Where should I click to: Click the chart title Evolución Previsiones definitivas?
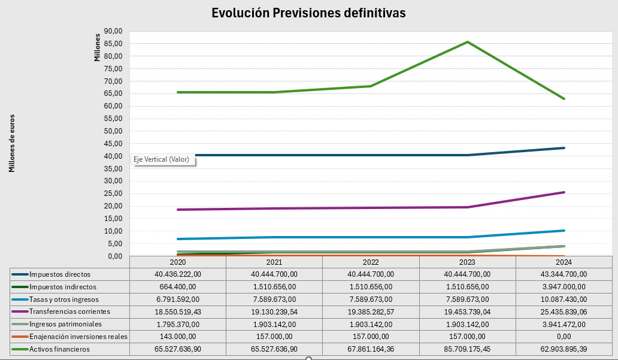(x=308, y=13)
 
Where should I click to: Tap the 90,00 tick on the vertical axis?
(x=113, y=31)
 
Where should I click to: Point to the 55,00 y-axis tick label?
(x=113, y=119)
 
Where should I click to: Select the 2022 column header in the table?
(x=371, y=262)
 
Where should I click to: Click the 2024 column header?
(x=564, y=262)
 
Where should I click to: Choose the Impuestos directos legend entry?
(x=60, y=274)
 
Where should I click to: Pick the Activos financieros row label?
(x=60, y=349)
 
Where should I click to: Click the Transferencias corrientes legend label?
(x=69, y=311)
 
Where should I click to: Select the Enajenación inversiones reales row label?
(x=78, y=336)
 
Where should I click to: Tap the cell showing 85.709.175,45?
(x=467, y=349)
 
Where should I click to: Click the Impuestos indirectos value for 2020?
(x=178, y=287)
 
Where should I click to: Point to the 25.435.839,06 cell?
(x=564, y=311)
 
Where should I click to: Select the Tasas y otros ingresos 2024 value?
(x=564, y=299)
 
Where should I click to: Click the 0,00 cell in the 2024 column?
(x=564, y=336)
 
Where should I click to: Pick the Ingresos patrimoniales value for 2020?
(x=178, y=324)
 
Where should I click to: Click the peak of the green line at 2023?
(x=467, y=42)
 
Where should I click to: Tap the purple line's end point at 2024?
(x=564, y=192)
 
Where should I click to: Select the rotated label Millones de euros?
(x=12, y=144)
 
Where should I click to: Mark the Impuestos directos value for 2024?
(x=564, y=274)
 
